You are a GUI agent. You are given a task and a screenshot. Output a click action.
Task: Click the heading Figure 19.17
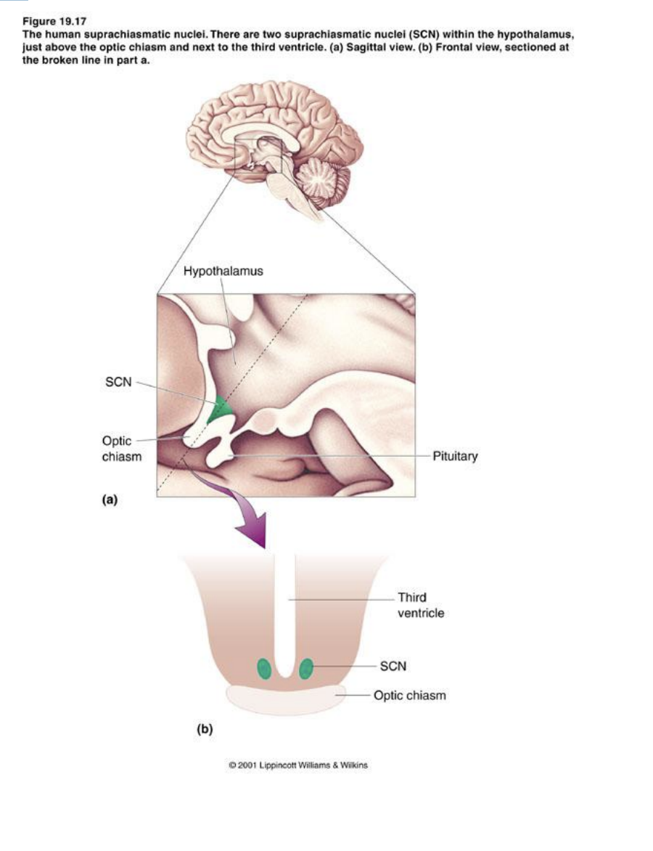[54, 23]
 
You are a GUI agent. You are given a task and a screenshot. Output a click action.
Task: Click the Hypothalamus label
[223, 272]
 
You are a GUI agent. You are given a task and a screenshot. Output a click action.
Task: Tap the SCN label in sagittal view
[118, 382]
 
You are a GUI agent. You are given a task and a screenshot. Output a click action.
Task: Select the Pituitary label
[455, 457]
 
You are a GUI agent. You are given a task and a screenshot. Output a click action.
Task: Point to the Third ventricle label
[420, 605]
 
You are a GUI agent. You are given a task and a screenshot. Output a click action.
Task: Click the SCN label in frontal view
[393, 665]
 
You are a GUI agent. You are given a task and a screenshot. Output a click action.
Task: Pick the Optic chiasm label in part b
[409, 696]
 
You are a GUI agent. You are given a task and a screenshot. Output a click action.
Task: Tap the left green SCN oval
[265, 668]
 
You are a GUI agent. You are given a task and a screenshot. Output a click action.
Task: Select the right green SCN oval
[306, 667]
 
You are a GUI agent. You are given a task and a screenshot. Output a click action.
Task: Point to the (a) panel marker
[110, 499]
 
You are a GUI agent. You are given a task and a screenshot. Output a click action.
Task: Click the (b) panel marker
[205, 728]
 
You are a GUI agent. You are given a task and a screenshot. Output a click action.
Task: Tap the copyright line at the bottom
[298, 765]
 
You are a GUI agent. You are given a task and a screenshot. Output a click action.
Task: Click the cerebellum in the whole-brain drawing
[320, 178]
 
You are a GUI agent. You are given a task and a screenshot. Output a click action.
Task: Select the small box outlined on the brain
[257, 155]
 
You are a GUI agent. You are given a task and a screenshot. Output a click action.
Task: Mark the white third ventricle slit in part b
[285, 610]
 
